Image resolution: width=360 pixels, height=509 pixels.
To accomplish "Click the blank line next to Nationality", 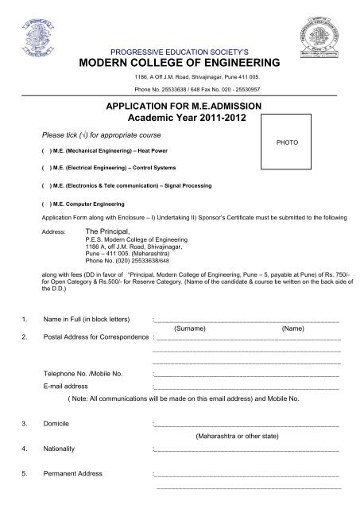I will point(246,449).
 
